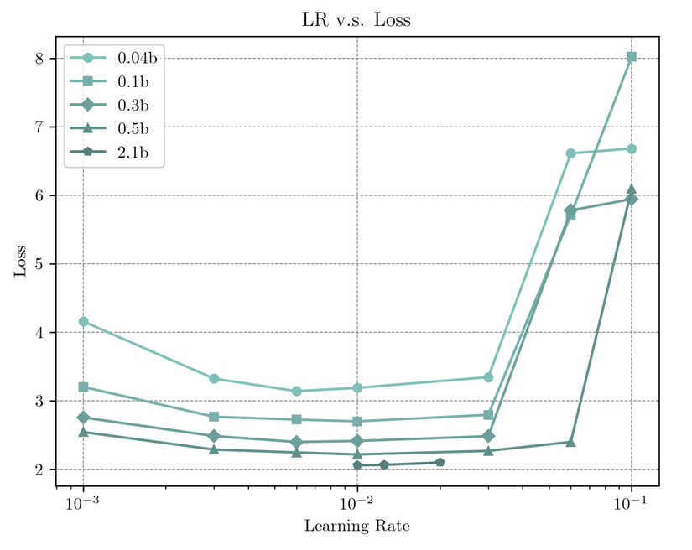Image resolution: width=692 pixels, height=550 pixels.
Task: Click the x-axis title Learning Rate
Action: (x=356, y=527)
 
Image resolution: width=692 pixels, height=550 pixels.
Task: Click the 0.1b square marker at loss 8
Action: (x=632, y=57)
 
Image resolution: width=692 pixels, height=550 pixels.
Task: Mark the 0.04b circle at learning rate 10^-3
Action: (x=83, y=322)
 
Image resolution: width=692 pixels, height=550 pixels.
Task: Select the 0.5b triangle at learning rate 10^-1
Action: (x=632, y=190)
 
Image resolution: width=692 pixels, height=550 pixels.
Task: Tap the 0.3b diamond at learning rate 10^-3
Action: (x=83, y=418)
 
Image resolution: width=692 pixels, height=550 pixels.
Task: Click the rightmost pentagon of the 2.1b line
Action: (x=440, y=462)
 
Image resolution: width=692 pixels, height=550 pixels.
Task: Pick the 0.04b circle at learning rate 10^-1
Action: (x=632, y=149)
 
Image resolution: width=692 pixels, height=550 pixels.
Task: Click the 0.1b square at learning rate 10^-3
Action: (x=83, y=387)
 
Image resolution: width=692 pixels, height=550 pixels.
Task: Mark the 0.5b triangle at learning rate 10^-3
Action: (x=83, y=432)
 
